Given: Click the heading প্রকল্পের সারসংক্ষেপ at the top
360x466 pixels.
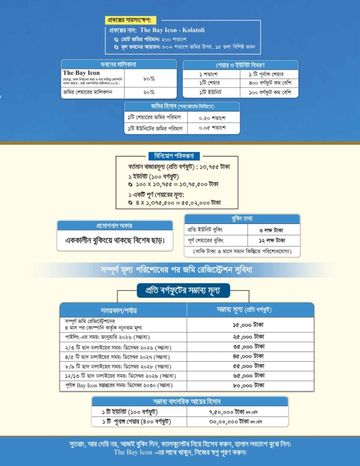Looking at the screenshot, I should click(x=130, y=20).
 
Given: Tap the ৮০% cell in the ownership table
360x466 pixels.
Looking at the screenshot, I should click(x=149, y=78).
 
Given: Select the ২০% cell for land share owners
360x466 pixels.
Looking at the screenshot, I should click(x=149, y=93).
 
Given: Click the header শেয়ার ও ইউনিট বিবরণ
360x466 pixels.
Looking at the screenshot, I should click(x=240, y=65).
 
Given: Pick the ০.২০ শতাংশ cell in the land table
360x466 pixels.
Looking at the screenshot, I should click(x=213, y=117).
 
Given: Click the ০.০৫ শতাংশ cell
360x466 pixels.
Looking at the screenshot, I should click(x=213, y=128).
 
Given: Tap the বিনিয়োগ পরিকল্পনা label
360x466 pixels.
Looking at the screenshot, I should click(x=174, y=156).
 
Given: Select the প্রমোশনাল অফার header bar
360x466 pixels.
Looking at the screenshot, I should click(x=114, y=226).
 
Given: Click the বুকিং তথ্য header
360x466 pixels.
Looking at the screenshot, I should click(x=242, y=218).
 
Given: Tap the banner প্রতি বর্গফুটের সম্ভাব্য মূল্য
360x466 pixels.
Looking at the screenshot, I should click(x=184, y=290).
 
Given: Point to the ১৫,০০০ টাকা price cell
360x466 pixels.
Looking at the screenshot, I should click(x=250, y=325).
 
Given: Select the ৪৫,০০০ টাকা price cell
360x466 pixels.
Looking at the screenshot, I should click(x=250, y=355).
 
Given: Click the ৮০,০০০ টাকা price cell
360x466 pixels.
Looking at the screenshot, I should click(x=250, y=385).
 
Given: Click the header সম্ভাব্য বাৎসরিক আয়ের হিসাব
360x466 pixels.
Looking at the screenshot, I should click(x=190, y=401).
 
